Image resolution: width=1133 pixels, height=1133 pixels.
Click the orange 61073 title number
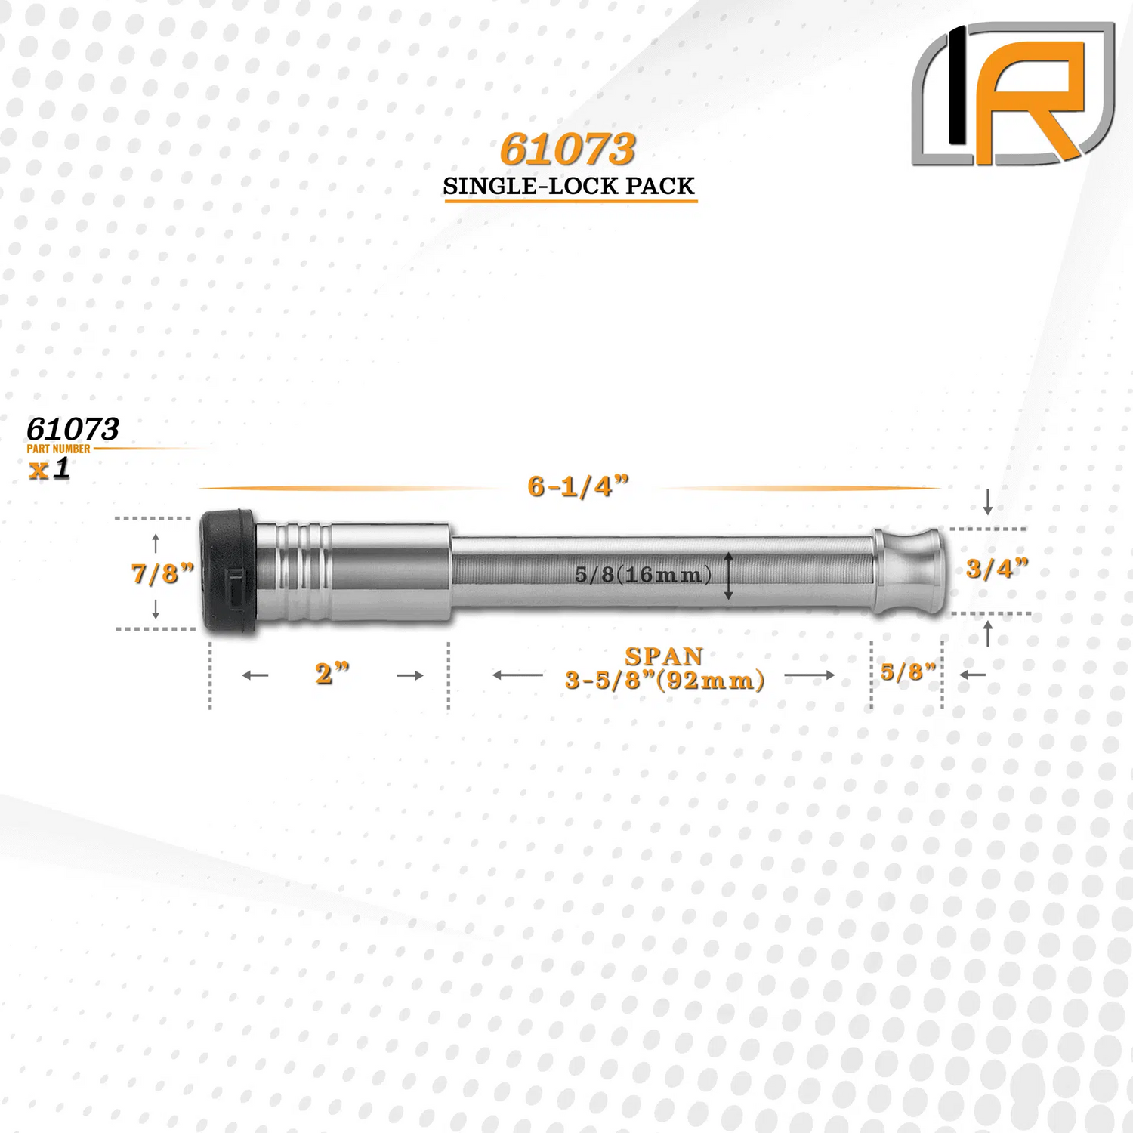567,150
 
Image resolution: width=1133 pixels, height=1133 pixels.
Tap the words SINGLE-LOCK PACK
569,186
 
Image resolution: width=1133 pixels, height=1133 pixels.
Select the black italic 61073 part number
73,429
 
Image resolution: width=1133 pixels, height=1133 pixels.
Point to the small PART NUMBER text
58,449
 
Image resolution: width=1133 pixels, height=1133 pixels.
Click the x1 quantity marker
50,468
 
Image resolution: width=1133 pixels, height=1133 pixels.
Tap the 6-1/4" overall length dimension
578,486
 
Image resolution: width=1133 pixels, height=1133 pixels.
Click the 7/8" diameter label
162,573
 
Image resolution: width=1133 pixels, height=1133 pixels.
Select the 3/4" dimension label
997,568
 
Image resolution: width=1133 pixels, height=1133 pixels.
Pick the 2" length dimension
332,673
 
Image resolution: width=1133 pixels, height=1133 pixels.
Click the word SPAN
664,656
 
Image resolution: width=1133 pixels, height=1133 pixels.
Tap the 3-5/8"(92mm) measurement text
665,681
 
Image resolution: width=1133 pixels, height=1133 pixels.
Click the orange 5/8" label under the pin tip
908,671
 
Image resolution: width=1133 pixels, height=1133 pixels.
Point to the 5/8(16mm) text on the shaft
643,575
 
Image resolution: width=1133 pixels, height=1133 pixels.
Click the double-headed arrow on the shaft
728,576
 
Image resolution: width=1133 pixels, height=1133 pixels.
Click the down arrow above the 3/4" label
987,502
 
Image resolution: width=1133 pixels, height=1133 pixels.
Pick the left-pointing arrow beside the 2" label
255,675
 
